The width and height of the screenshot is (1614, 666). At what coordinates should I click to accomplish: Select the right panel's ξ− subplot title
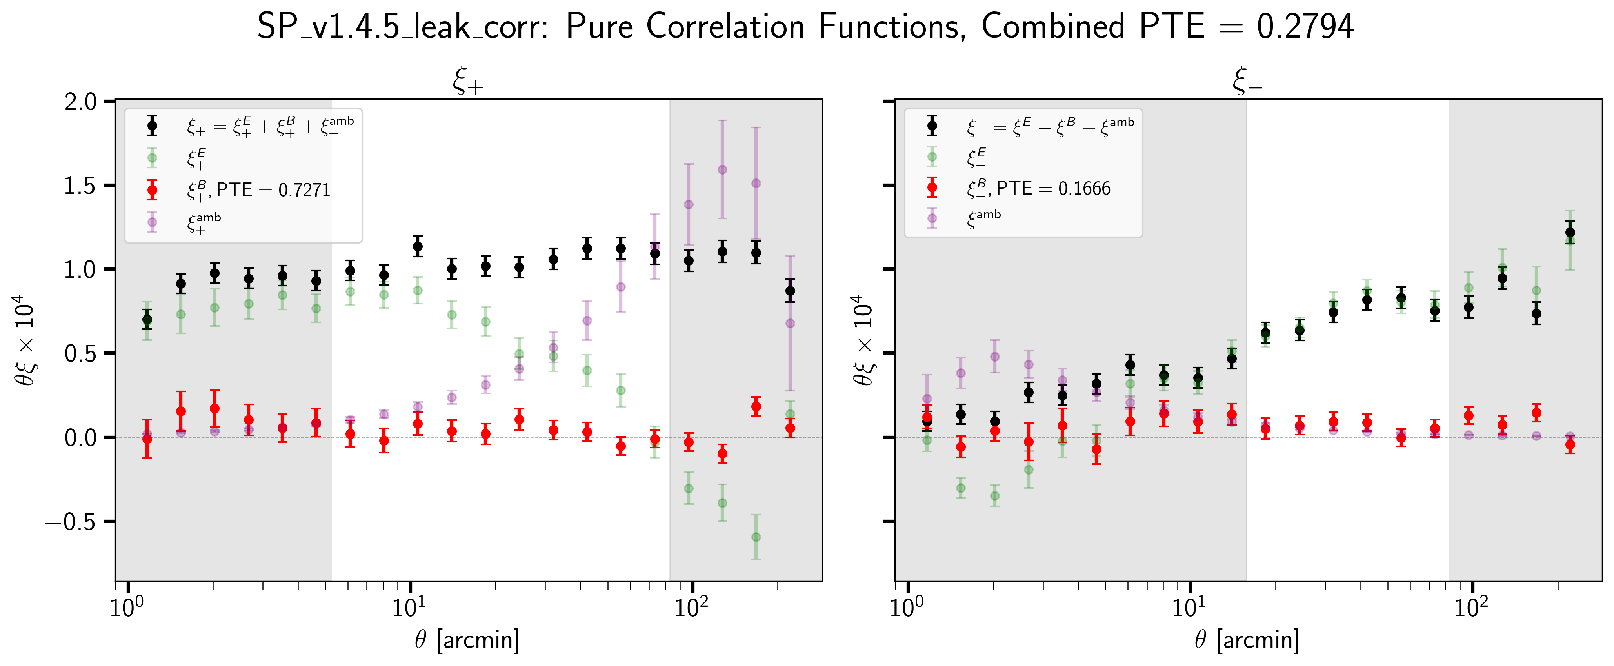(x=1247, y=82)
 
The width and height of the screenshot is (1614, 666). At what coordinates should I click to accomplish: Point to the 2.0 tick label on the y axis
(x=81, y=102)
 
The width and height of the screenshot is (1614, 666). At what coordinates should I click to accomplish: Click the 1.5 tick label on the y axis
(x=81, y=186)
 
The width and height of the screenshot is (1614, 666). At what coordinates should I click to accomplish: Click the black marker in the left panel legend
(x=152, y=126)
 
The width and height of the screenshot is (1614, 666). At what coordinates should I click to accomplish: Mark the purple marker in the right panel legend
(x=932, y=218)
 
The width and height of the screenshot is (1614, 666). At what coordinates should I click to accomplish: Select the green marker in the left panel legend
(x=152, y=158)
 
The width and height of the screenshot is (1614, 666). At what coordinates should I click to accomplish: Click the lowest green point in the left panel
(x=756, y=537)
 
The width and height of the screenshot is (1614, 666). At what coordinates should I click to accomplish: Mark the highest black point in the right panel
(x=1570, y=233)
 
